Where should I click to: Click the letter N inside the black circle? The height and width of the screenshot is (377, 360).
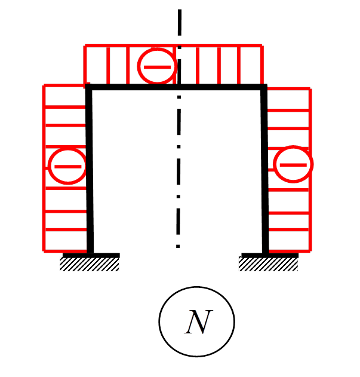tap(198, 323)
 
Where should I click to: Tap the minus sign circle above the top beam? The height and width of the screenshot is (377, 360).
tap(157, 66)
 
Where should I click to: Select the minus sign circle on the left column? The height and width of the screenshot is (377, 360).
tap(67, 165)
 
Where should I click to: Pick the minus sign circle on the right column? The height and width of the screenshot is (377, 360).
tap(293, 164)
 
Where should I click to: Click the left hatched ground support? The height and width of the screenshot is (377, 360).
tap(90, 263)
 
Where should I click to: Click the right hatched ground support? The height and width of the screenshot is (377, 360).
tap(269, 263)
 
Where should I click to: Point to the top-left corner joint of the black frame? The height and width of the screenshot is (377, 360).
tap(89, 87)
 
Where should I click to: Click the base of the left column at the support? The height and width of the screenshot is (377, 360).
tap(90, 253)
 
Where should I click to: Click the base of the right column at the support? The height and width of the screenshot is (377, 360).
tap(265, 253)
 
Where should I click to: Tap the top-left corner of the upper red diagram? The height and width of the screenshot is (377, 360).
tap(85, 45)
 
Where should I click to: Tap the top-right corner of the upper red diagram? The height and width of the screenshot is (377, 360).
tap(261, 45)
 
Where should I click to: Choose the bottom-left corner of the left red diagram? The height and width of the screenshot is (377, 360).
tap(44, 250)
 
